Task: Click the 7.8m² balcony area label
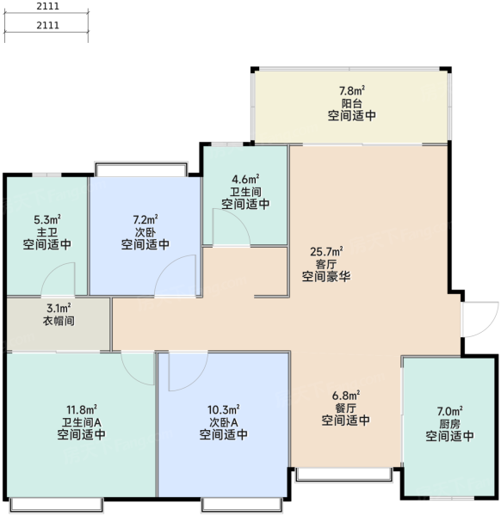coord(352,90)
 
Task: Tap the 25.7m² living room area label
coord(326,252)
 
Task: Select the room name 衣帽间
coord(59,321)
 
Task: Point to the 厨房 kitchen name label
coord(449,423)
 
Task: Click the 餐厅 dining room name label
coord(345,408)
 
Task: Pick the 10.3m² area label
coord(223,409)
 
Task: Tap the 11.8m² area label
coord(82,409)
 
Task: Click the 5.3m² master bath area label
coord(47,219)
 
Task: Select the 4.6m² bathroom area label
coord(245,180)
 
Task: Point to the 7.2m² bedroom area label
coord(145,219)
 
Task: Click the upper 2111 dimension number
coord(47,6)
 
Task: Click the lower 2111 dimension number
coord(47,25)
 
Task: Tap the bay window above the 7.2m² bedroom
coord(141,169)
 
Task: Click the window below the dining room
coord(343,474)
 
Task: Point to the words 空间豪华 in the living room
coord(326,276)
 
